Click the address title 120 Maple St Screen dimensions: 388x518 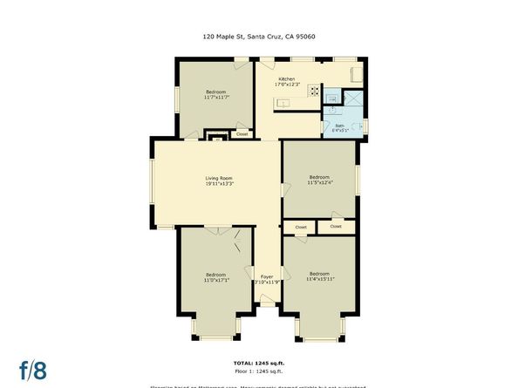coord(258,37)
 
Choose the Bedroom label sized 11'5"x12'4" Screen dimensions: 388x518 coord(318,179)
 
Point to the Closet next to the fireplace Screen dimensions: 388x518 coord(242,134)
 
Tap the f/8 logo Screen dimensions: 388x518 coord(34,370)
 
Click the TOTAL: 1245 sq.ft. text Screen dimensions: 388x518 coord(259,362)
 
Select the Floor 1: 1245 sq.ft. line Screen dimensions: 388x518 coord(259,371)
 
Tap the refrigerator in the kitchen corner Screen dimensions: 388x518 coord(356,74)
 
